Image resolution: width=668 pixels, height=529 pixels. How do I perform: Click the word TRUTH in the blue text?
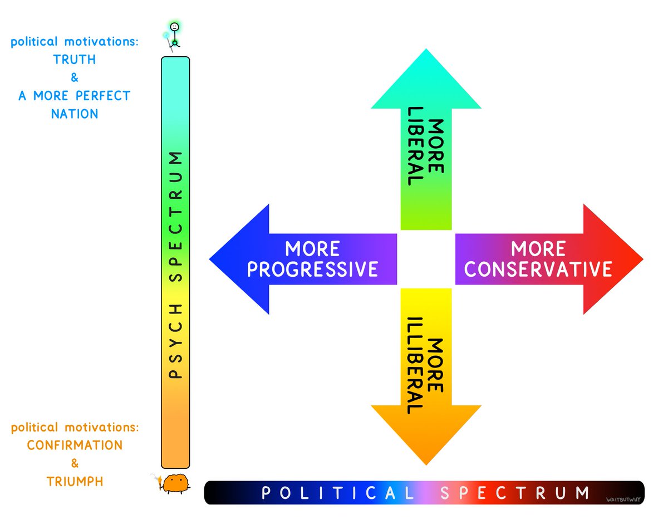[75, 60]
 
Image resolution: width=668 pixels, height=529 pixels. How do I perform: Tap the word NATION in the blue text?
[75, 114]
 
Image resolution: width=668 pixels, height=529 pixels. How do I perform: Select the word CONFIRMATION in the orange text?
[75, 445]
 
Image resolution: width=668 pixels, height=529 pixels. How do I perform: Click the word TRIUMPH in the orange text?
[75, 481]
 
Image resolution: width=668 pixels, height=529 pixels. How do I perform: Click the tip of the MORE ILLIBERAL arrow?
[426, 463]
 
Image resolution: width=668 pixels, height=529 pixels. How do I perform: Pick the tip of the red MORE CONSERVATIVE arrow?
[641, 259]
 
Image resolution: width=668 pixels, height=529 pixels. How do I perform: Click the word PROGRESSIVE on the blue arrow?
[312, 270]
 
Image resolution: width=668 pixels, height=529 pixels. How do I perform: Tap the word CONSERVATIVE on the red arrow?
[538, 270]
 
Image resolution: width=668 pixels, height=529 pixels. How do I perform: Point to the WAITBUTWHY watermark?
[622, 500]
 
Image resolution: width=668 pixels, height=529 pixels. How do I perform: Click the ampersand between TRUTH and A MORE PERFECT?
[75, 78]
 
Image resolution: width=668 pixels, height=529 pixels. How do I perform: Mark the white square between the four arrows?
[426, 259]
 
